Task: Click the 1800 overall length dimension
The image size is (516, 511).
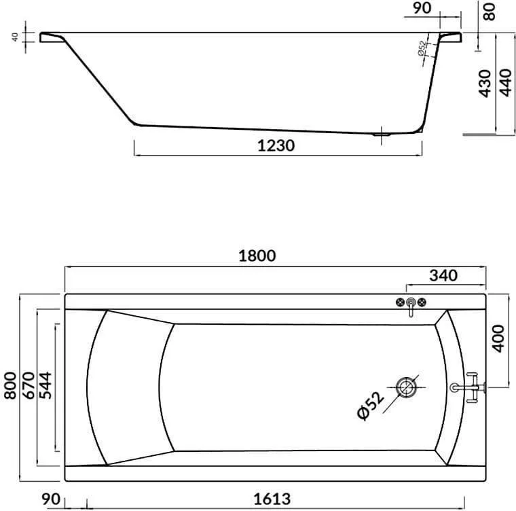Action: pyautogui.click(x=257, y=255)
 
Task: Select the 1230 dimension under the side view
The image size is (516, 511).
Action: pyautogui.click(x=276, y=145)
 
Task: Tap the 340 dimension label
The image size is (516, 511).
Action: pyautogui.click(x=443, y=275)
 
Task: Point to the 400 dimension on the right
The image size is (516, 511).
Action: pyautogui.click(x=499, y=338)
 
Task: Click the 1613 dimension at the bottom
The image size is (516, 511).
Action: pyautogui.click(x=272, y=499)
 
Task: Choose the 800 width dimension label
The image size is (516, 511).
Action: pyautogui.click(x=10, y=386)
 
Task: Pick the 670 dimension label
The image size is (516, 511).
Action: pyautogui.click(x=29, y=386)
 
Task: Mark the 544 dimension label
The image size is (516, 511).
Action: pyautogui.click(x=45, y=386)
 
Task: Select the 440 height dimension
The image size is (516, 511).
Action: pyautogui.click(x=506, y=83)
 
